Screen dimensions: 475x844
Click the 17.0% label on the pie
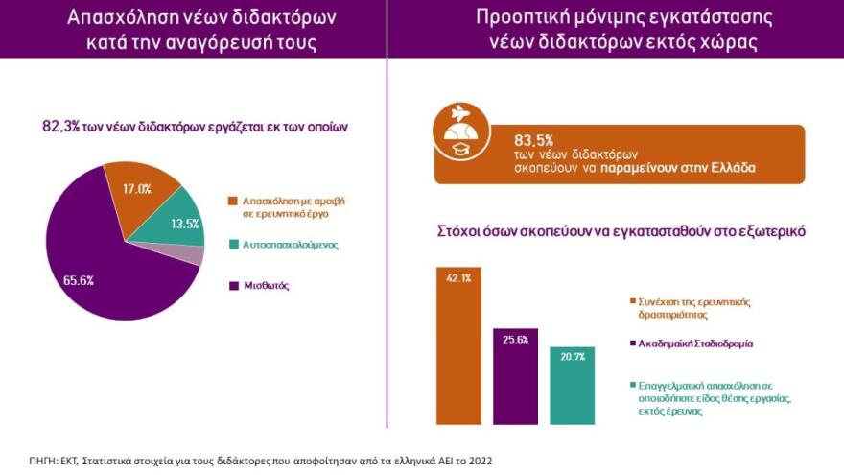(x=138, y=189)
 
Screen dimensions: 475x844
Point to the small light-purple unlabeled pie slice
(x=196, y=254)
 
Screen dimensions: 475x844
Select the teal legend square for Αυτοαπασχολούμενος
(x=233, y=245)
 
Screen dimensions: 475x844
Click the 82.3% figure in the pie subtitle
(x=59, y=127)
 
